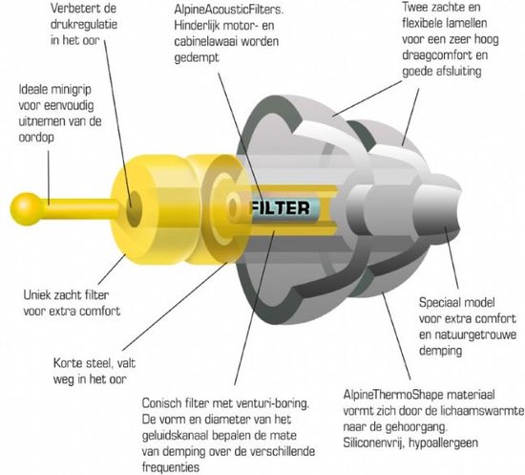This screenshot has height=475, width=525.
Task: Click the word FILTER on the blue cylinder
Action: pyautogui.click(x=281, y=208)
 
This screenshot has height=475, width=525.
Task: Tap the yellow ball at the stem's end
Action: pyautogui.click(x=26, y=208)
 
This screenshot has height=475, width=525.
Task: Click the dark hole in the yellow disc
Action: pyautogui.click(x=134, y=208)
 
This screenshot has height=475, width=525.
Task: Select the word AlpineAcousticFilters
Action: pyautogui.click(x=229, y=10)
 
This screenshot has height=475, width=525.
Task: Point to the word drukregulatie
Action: pyautogui.click(x=84, y=25)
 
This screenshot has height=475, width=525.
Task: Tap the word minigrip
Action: pyautogui.click(x=71, y=90)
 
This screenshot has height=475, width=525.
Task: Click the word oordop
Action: pyautogui.click(x=36, y=138)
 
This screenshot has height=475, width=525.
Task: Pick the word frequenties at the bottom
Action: pyautogui.click(x=171, y=467)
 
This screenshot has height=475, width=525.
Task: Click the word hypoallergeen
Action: pyautogui.click(x=443, y=443)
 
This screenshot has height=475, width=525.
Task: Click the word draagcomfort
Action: pyautogui.click(x=438, y=55)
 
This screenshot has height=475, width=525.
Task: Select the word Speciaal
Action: pyautogui.click(x=440, y=303)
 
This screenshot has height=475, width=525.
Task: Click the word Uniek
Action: pyautogui.click(x=37, y=295)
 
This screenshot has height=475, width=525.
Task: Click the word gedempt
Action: pyautogui.click(x=197, y=57)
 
